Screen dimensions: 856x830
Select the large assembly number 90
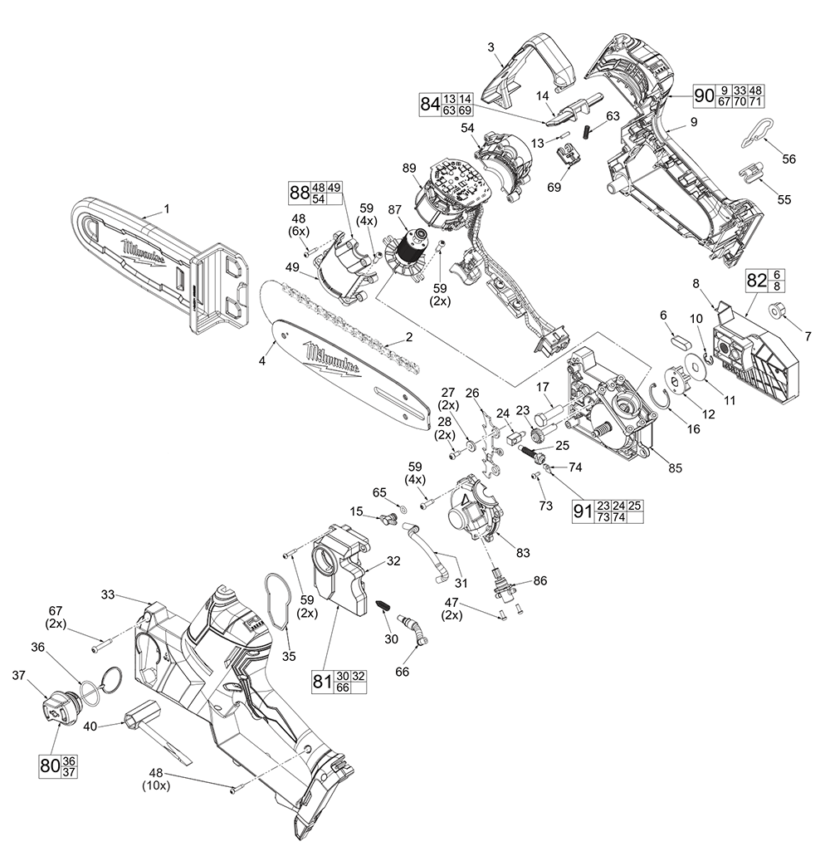[704, 95]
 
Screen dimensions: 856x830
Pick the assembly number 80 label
[49, 765]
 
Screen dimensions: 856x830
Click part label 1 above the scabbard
[166, 209]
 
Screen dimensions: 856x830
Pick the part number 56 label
[788, 158]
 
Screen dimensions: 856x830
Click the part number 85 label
[675, 468]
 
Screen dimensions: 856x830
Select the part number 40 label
[90, 726]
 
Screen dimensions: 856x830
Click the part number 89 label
[408, 169]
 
